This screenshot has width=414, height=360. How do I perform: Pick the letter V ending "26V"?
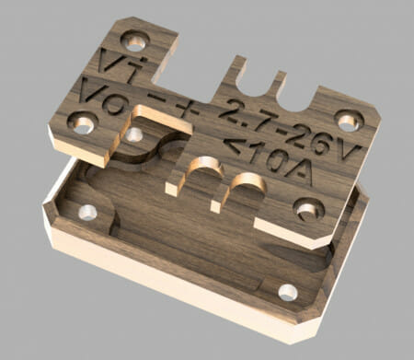(x=348, y=152)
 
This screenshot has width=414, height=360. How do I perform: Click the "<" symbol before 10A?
(x=236, y=145)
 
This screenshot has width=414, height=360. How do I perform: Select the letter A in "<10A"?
(x=299, y=173)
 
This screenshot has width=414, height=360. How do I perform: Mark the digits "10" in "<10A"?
(x=268, y=160)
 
